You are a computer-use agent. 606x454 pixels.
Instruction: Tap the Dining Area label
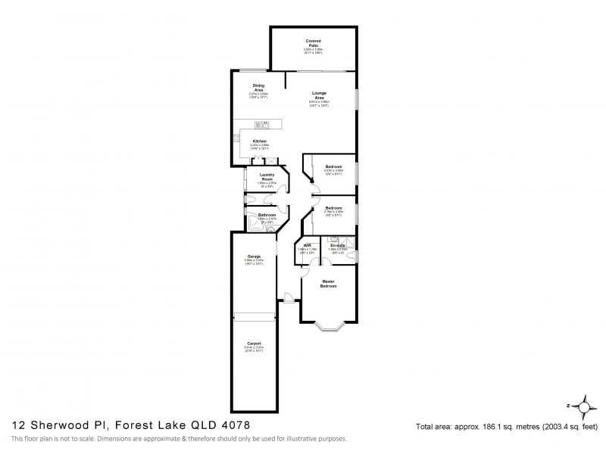(258, 88)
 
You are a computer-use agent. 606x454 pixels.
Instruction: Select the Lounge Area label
(319, 95)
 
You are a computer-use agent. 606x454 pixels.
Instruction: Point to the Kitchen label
(259, 141)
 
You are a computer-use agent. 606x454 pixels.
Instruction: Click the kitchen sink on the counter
(261, 124)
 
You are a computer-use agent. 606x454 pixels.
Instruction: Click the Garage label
(255, 257)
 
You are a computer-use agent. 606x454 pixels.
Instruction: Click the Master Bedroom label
(328, 284)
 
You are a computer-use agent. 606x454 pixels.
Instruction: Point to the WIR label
(308, 245)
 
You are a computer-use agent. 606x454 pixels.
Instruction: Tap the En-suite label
(337, 245)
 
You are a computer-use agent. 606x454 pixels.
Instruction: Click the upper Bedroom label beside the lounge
(333, 166)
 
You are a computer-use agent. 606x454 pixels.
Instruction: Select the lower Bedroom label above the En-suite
(333, 207)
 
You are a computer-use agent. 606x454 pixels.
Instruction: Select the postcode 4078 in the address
(234, 427)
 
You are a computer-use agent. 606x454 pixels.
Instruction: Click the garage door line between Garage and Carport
(255, 315)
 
